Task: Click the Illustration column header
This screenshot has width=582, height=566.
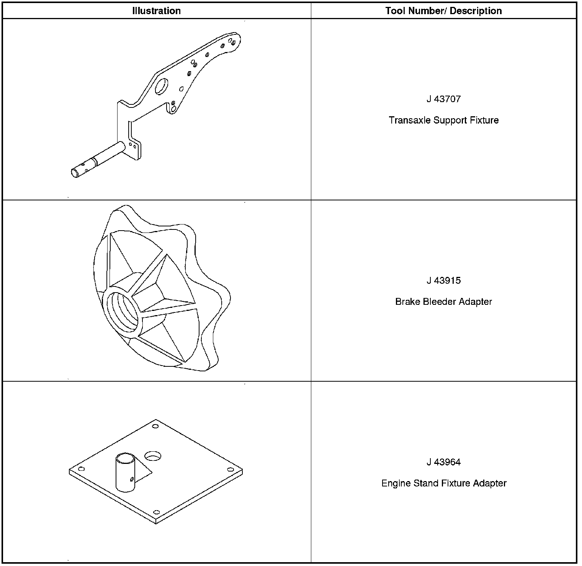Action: pos(156,11)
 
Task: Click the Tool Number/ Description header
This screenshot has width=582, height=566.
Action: pos(443,11)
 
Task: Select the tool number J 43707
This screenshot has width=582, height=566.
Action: pos(443,99)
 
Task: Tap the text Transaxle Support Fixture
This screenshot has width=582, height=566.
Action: pos(443,120)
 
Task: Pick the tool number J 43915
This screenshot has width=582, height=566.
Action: pos(443,281)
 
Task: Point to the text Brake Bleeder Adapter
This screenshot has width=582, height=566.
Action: pos(443,302)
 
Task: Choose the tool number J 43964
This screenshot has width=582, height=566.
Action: pos(443,462)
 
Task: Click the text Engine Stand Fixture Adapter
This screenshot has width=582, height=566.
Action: pos(443,483)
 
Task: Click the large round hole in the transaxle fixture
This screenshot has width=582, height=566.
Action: pos(161,86)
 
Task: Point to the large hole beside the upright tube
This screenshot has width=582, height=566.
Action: pos(153,455)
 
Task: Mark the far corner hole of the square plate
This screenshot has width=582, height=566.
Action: pos(155,426)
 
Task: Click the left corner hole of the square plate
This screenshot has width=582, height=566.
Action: pos(81,469)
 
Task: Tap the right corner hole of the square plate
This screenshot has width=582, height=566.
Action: pos(230,470)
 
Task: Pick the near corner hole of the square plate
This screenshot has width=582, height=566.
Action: pos(156,512)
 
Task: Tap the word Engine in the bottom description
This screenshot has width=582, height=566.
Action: pos(394,483)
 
